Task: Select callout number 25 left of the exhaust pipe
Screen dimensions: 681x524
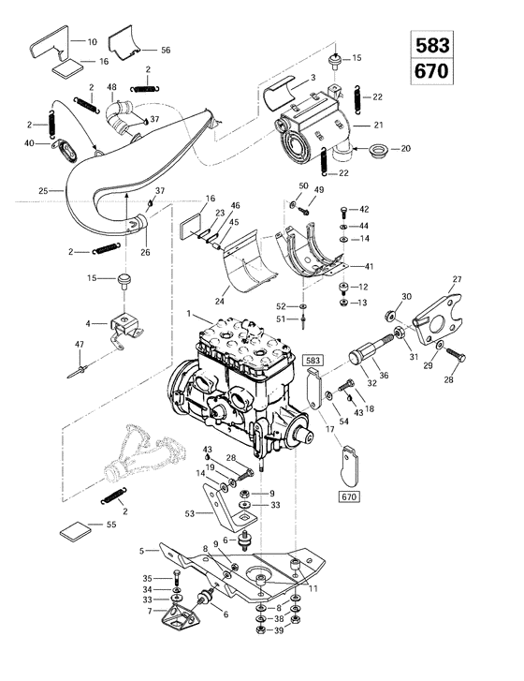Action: pos(42,191)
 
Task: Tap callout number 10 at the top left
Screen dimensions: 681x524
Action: pos(92,42)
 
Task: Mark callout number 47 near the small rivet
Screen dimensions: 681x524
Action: pos(80,346)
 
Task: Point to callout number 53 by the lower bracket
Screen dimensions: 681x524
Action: pos(191,514)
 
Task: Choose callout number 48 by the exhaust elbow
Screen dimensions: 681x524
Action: pos(111,88)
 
